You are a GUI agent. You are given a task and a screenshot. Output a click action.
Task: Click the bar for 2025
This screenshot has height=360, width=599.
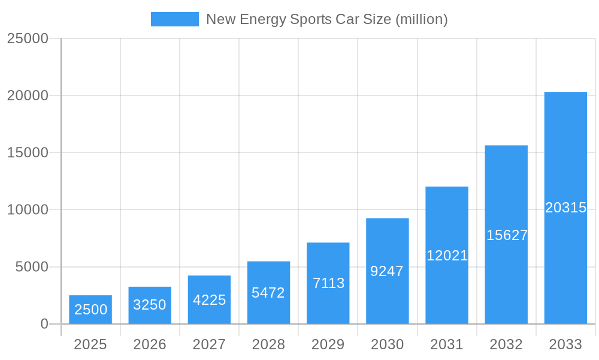(x=90, y=310)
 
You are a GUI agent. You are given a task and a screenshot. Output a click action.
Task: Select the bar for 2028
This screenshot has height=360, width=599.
(x=268, y=293)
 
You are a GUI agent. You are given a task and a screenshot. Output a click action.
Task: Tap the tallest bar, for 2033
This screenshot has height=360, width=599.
(x=565, y=208)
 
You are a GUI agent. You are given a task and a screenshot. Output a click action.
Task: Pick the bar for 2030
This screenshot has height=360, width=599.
(x=388, y=271)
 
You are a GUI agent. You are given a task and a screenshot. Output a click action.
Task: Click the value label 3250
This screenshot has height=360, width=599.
(x=149, y=305)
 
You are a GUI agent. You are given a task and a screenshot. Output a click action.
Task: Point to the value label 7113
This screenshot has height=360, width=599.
(x=328, y=283)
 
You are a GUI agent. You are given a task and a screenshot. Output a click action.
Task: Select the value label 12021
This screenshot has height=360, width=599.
(x=447, y=256)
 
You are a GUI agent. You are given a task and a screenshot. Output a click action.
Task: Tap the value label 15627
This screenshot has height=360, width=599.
(x=506, y=235)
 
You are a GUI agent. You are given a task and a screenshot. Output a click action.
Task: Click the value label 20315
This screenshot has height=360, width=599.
(x=565, y=208)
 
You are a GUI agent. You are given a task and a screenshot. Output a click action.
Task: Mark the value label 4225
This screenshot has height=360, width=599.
(x=209, y=300)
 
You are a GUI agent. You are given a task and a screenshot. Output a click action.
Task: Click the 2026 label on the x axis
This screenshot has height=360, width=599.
(x=149, y=344)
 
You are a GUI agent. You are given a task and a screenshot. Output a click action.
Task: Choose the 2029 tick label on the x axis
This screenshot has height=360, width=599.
(x=328, y=344)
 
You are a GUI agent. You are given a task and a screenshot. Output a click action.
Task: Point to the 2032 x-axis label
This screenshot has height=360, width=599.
(x=506, y=344)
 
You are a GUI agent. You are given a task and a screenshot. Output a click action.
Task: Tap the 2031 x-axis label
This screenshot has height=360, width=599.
(x=447, y=344)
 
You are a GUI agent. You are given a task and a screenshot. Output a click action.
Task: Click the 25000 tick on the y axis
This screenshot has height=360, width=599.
(x=27, y=38)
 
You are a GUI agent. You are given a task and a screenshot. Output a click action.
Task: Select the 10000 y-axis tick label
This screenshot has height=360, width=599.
(x=27, y=210)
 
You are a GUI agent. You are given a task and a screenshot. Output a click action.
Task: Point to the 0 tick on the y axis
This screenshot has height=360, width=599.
(x=44, y=324)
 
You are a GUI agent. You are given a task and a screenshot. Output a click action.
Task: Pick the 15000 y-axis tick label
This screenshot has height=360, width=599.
(x=27, y=153)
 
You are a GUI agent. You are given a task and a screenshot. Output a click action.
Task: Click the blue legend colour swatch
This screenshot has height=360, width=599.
(x=174, y=19)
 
